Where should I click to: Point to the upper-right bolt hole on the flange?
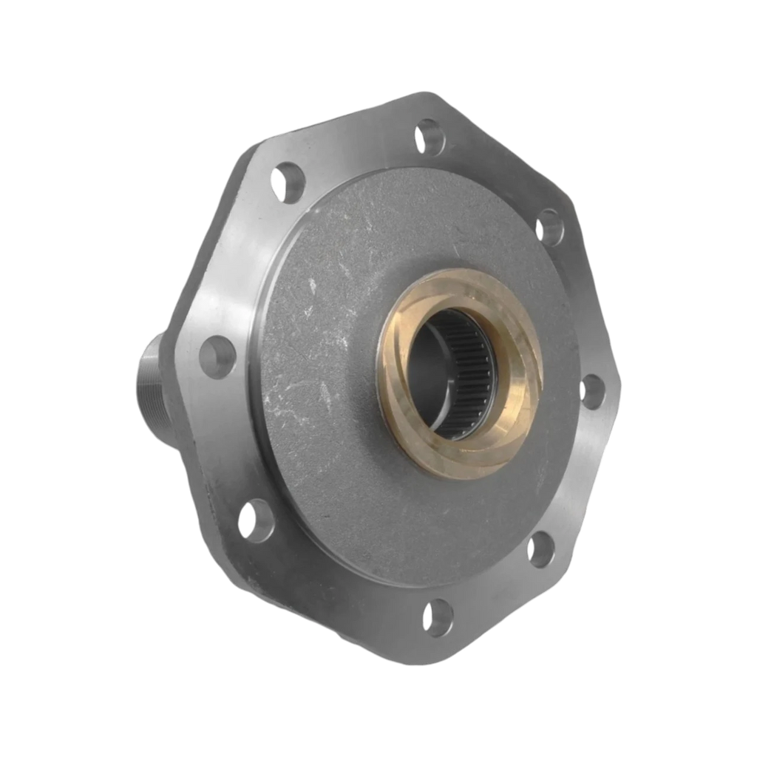tap(549, 225)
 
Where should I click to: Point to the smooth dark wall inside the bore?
tap(429, 370)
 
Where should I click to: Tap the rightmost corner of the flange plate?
tap(622, 384)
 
